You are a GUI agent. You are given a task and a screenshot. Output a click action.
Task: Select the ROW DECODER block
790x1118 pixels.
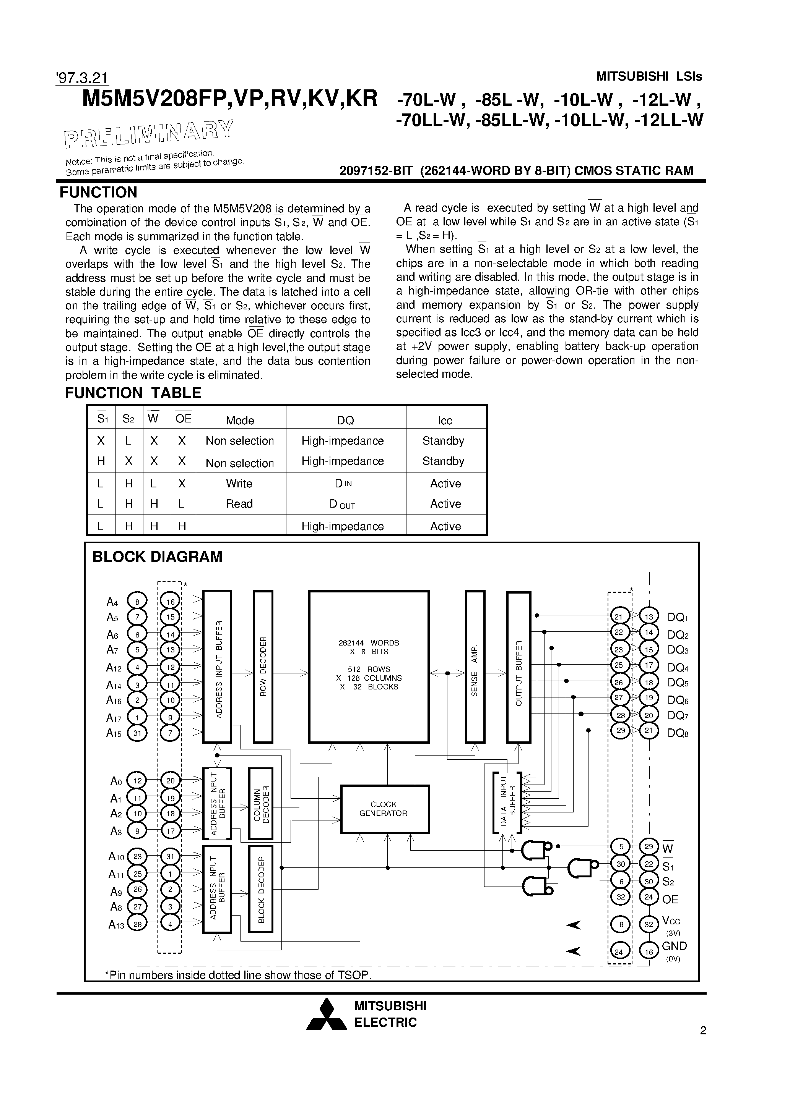point(263,666)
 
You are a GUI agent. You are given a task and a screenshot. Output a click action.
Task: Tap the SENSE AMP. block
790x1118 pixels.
point(475,666)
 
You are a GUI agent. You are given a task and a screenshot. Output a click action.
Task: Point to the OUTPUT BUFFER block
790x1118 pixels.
point(519,666)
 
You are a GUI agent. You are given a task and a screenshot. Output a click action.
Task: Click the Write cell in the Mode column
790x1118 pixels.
point(239,484)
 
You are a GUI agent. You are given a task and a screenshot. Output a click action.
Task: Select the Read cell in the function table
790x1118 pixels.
point(239,504)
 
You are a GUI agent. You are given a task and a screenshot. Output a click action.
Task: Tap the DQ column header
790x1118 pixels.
point(346,420)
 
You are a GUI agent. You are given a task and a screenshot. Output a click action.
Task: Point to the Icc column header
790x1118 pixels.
point(445,420)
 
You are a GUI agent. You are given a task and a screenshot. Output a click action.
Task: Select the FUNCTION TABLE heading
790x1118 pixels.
point(133,393)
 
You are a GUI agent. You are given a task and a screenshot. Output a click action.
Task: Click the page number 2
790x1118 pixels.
point(703,1031)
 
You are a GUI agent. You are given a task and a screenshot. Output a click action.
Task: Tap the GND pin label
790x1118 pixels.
point(674,946)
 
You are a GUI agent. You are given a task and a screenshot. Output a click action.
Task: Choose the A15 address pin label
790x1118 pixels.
point(114,733)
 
